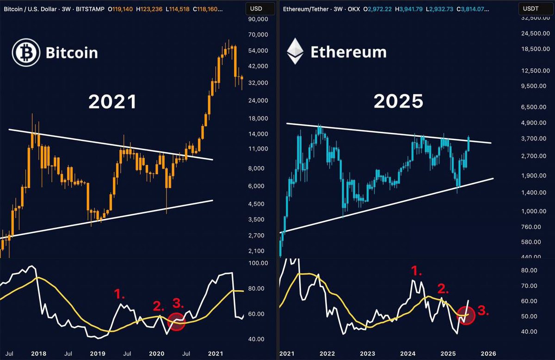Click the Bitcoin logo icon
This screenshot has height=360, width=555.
[25, 52]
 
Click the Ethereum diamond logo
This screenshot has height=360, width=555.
[295, 51]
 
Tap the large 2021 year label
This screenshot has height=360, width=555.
[112, 102]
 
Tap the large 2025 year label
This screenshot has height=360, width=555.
[398, 102]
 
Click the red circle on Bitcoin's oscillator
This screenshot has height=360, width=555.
[176, 322]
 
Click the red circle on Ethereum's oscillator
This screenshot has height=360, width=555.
[466, 314]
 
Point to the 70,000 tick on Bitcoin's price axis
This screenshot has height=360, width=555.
[258, 35]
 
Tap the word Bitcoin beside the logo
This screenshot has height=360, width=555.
[72, 52]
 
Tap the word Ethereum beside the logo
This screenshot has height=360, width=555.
[348, 52]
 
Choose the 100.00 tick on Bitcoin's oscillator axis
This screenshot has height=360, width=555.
[258, 263]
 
